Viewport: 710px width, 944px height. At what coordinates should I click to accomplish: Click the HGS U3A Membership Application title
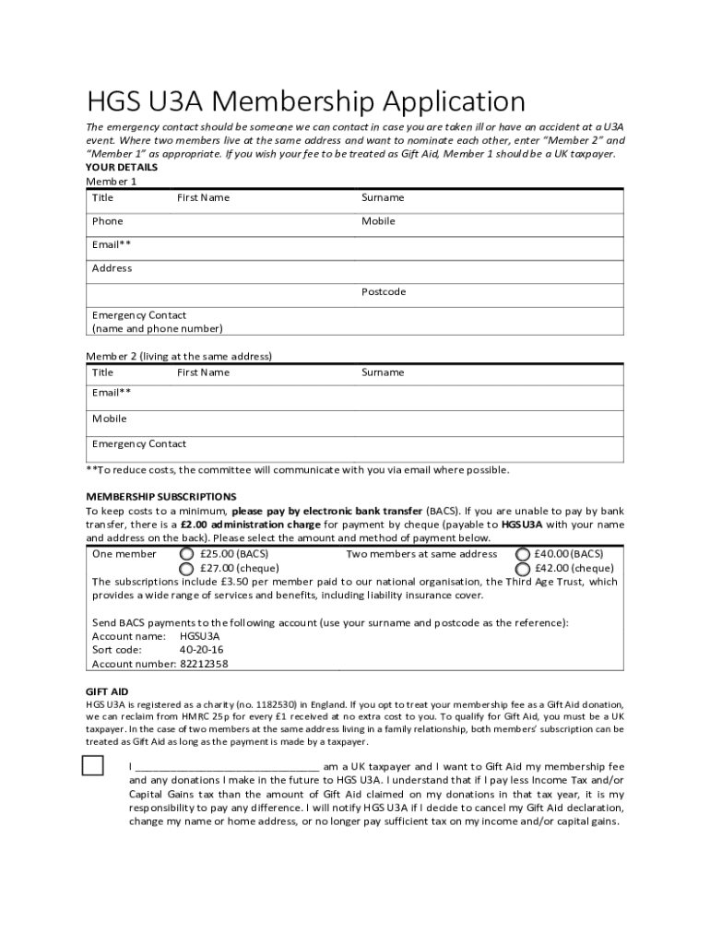coord(305,100)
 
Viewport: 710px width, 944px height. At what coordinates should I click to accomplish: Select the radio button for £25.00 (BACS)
coord(186,554)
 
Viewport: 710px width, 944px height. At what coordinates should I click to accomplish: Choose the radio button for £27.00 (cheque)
coord(186,569)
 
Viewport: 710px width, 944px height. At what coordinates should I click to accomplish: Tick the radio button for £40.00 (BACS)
coord(522,554)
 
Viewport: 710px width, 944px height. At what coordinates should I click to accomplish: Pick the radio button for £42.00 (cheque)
coord(522,569)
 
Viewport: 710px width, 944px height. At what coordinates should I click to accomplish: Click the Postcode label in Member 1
coord(383,292)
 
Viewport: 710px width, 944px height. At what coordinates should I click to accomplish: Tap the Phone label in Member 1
coord(107,221)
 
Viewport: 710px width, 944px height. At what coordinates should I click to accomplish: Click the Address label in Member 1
coord(112,268)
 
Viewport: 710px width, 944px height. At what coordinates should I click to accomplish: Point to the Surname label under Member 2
coord(382,372)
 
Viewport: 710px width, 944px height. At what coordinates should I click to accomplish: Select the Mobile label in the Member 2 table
coord(109,419)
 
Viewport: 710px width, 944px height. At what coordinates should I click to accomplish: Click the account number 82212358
coord(204,664)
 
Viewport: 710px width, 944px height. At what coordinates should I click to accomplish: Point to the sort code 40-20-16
coord(201,650)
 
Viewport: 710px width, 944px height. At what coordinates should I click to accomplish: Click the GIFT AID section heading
coord(107,691)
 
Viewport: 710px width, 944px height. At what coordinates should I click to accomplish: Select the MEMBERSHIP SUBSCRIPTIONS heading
coord(160,497)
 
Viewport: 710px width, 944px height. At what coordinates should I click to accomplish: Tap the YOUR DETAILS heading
coord(121,168)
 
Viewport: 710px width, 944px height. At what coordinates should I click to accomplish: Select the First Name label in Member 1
coord(203,198)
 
